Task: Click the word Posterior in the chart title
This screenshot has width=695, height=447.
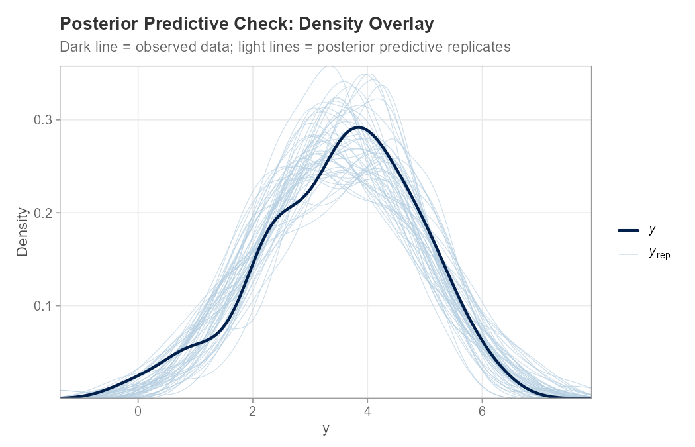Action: (94, 25)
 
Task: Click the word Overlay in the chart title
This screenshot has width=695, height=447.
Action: (403, 25)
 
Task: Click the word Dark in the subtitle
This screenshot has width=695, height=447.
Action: (73, 48)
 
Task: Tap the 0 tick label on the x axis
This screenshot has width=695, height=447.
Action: (138, 411)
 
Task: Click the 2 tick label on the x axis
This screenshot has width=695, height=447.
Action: (253, 411)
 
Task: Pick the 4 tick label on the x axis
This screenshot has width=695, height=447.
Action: (367, 411)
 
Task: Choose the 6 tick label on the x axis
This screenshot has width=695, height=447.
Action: (482, 411)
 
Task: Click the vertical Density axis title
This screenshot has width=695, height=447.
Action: (23, 232)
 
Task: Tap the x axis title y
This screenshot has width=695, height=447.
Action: (325, 429)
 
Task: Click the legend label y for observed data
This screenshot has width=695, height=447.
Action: (653, 230)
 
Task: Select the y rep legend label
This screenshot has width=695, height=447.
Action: (659, 252)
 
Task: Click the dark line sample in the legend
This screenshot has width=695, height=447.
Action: (629, 230)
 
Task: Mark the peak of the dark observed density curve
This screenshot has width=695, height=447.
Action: (358, 127)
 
